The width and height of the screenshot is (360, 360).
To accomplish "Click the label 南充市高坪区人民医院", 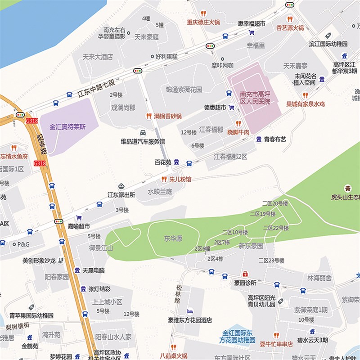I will [255, 99].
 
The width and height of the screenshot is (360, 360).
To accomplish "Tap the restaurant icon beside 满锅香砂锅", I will [148, 116].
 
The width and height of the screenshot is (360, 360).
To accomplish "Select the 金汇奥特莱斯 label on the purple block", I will [67, 127].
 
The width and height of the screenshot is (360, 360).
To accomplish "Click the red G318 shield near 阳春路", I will [32, 121].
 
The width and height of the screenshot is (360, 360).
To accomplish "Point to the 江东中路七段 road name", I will [96, 88].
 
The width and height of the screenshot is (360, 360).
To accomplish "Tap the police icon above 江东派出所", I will [121, 186].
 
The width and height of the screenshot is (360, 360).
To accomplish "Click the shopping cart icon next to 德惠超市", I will [232, 108].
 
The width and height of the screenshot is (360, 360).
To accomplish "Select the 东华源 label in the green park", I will [173, 239].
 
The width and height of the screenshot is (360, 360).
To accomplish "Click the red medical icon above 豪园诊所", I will [245, 274].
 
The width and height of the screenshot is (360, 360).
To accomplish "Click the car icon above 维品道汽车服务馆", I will [143, 133].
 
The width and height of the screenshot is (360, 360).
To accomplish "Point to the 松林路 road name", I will [179, 293].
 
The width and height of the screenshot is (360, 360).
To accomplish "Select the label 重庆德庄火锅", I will [203, 22].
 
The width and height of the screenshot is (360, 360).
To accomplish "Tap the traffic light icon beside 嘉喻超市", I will [58, 221].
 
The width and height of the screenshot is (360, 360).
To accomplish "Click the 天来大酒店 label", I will [98, 57].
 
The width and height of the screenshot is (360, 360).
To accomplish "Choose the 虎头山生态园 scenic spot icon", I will [347, 188].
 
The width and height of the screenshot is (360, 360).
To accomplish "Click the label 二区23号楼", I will [271, 261].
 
